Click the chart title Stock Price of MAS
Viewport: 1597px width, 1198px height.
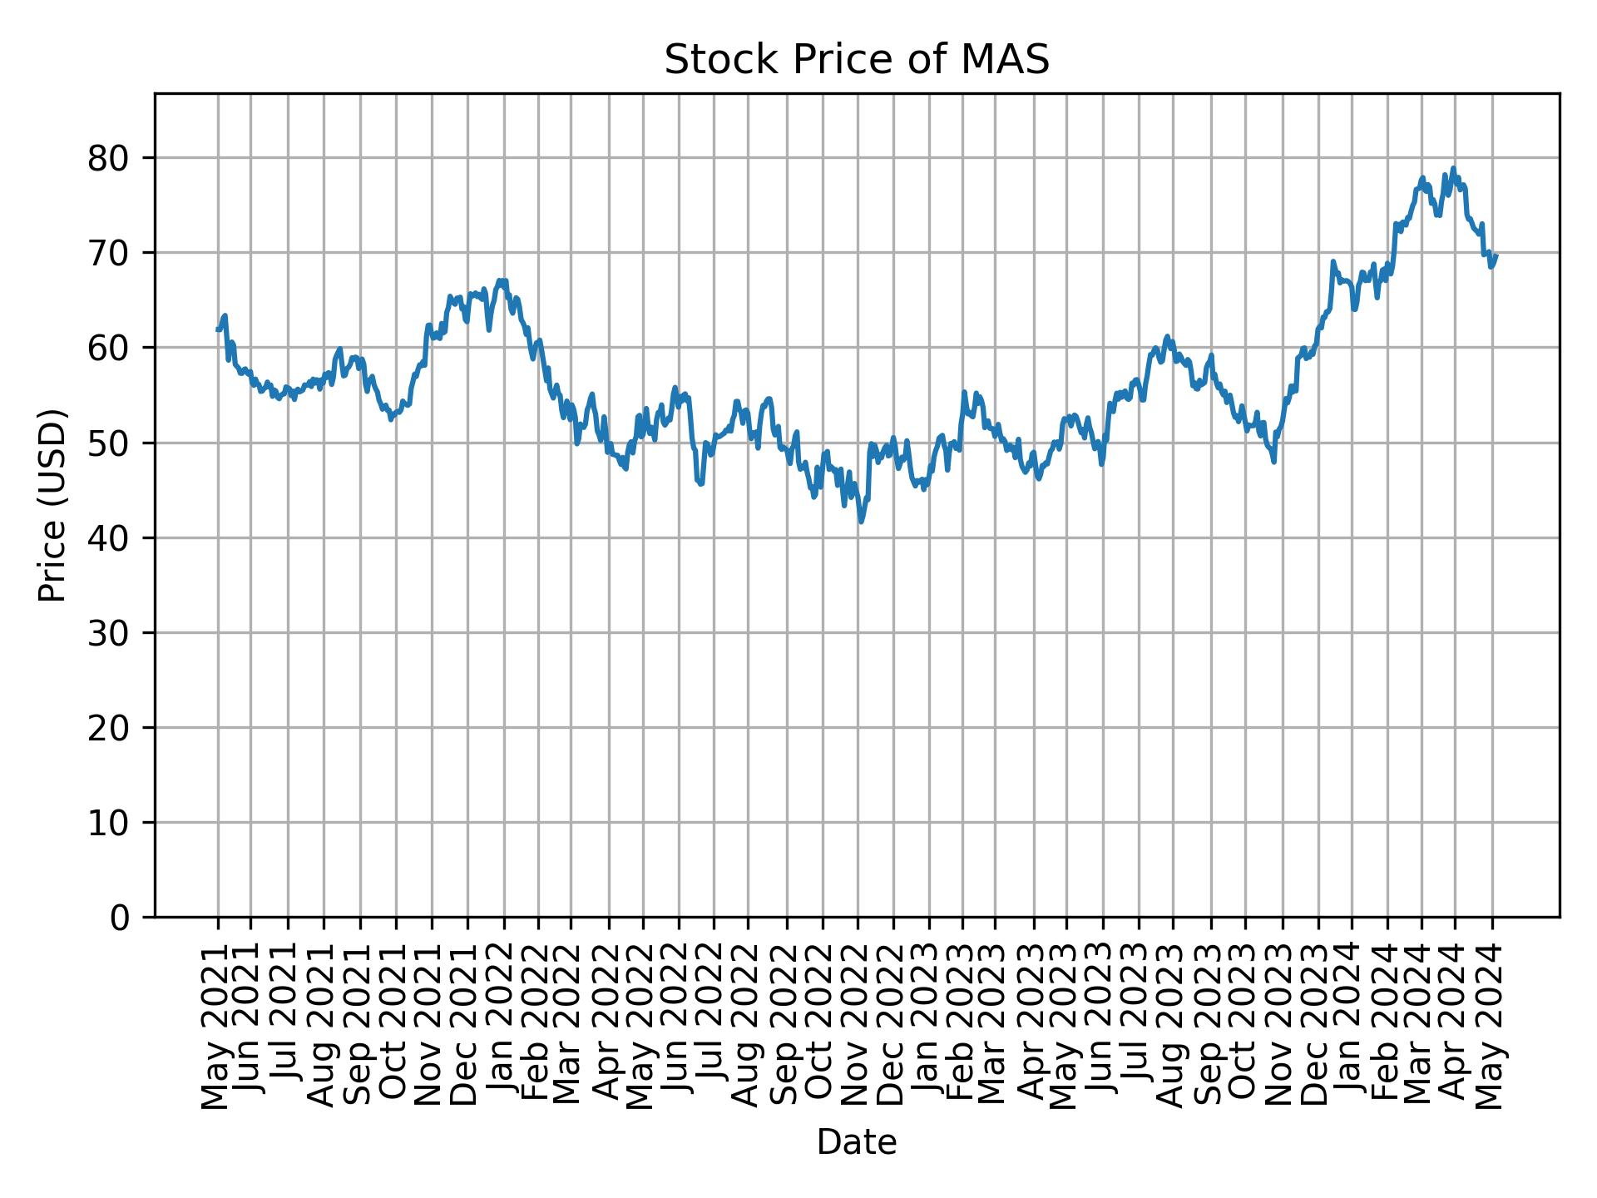[x=857, y=61]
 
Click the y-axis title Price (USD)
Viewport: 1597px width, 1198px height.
[x=52, y=505]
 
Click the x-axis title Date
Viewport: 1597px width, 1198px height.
[x=857, y=1143]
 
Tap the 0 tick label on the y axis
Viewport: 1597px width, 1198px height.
[x=121, y=918]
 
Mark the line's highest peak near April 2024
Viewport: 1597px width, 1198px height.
[x=1453, y=168]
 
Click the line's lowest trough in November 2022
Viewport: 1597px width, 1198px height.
[x=861, y=522]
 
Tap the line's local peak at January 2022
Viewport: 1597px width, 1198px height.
[x=501, y=280]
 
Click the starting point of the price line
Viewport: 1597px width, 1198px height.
[x=218, y=329]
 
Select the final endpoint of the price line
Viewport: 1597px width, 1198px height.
[x=1496, y=255]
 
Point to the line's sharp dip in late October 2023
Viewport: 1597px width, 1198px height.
[x=1273, y=461]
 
